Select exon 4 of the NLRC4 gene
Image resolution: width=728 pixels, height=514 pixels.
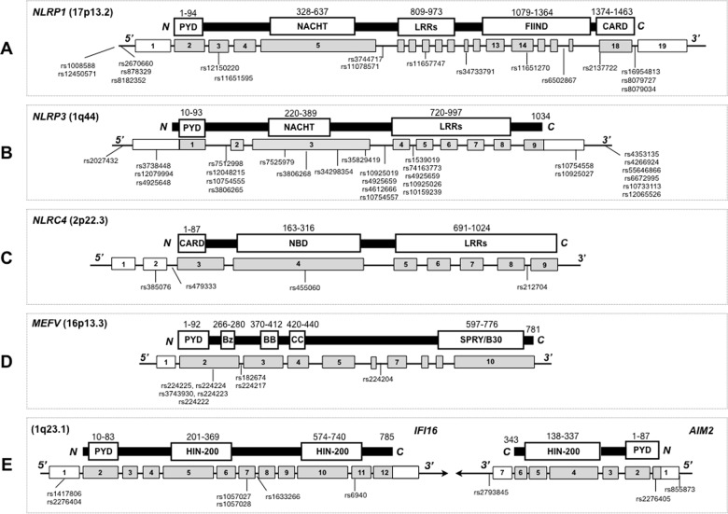pyautogui.click(x=299, y=264)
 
